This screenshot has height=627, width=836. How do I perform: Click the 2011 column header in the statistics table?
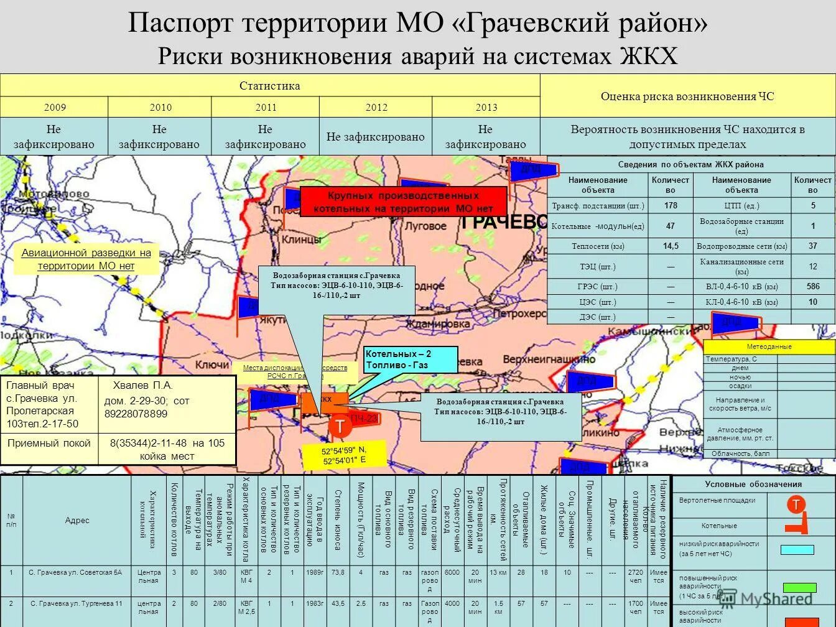point(266,107)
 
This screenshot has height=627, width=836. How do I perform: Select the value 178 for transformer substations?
point(670,205)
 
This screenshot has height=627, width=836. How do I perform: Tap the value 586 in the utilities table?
point(812,287)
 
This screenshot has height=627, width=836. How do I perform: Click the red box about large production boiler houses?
point(403,202)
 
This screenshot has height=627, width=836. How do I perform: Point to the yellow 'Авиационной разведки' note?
point(86,259)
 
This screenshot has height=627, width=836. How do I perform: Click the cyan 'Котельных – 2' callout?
point(410,360)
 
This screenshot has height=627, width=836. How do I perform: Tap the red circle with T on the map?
point(340,427)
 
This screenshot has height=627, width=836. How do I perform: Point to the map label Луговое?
point(426,226)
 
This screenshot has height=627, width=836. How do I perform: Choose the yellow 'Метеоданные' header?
point(769,346)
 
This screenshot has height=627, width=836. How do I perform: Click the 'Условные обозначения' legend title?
point(753,484)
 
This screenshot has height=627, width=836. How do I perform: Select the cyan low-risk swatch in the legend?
point(797,550)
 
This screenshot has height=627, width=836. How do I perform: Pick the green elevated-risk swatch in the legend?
point(799,587)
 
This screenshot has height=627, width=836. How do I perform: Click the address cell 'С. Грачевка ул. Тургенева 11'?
point(76,603)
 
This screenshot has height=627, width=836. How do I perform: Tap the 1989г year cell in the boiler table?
point(315,572)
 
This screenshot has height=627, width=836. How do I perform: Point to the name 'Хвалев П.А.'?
point(142,386)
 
